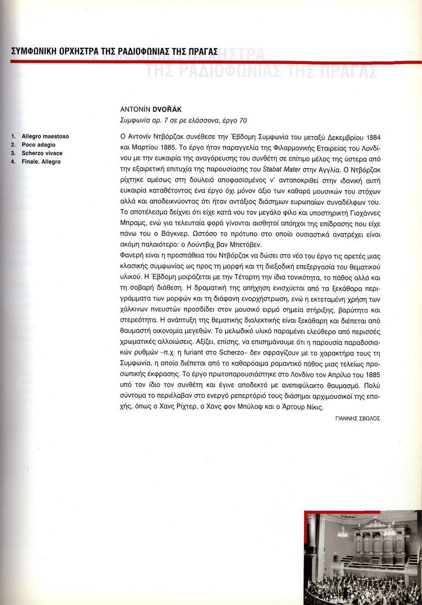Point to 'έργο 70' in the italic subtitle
234,120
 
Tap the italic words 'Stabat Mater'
266,164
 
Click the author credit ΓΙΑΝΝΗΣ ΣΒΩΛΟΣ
357,418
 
